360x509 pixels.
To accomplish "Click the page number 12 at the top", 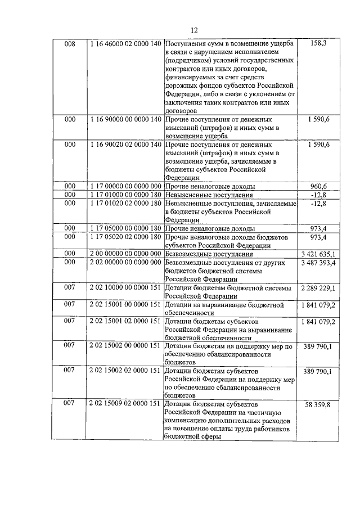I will (x=194, y=30).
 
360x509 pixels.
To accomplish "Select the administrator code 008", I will (x=69, y=43).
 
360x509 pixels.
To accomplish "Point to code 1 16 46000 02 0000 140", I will (x=125, y=43).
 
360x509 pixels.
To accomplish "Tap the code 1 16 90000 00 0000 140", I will (x=125, y=120).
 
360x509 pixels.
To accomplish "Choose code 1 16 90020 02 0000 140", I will (x=125, y=145).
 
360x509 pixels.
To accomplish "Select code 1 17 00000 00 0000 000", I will (x=125, y=186).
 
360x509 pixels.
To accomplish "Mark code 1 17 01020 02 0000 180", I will (x=125, y=203).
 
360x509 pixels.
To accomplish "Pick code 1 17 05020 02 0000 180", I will (x=125, y=237).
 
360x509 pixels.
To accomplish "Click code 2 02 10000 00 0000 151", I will (x=125, y=288).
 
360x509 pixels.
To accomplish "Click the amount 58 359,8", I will (x=318, y=405).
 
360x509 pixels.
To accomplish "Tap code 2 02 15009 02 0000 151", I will (x=125, y=404).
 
